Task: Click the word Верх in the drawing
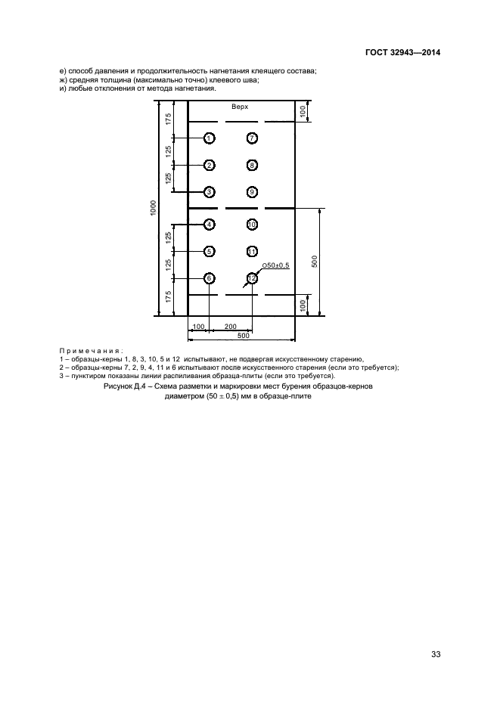click(x=240, y=107)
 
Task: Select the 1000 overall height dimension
click(x=154, y=208)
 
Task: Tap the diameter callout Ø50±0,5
click(x=275, y=265)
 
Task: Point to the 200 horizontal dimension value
click(x=231, y=327)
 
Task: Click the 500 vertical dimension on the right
click(x=315, y=262)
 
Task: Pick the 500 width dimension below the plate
click(x=243, y=336)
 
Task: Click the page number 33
click(x=436, y=654)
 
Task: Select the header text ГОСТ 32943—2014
click(x=402, y=52)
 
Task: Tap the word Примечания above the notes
click(x=92, y=351)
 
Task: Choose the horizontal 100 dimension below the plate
click(x=198, y=327)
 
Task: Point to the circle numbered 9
click(x=252, y=192)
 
